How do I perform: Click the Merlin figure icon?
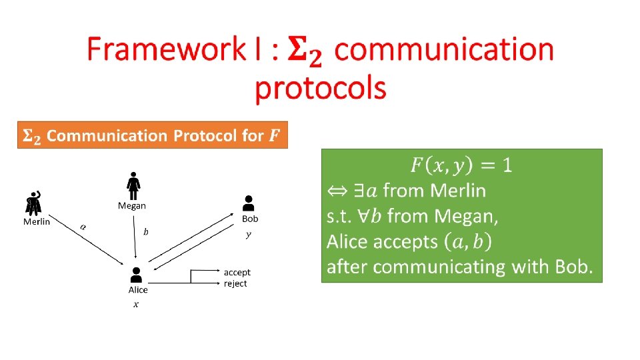pos(33,203)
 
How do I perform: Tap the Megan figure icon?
pos(133,184)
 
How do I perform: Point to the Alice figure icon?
pos(137,275)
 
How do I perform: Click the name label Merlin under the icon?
pos(37,221)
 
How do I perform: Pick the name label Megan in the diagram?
pos(132,205)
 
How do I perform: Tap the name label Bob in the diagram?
pos(250,219)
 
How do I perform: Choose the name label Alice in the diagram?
pos(138,290)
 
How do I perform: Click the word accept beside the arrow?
pos(237,273)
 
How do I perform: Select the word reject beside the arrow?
pos(235,283)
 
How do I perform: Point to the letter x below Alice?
pos(136,305)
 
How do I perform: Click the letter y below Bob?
pos(249,234)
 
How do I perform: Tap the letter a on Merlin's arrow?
pos(83,227)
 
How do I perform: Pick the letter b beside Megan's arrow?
pos(146,232)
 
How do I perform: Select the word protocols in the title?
pos(321,88)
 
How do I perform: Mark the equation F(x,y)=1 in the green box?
pos(461,164)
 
